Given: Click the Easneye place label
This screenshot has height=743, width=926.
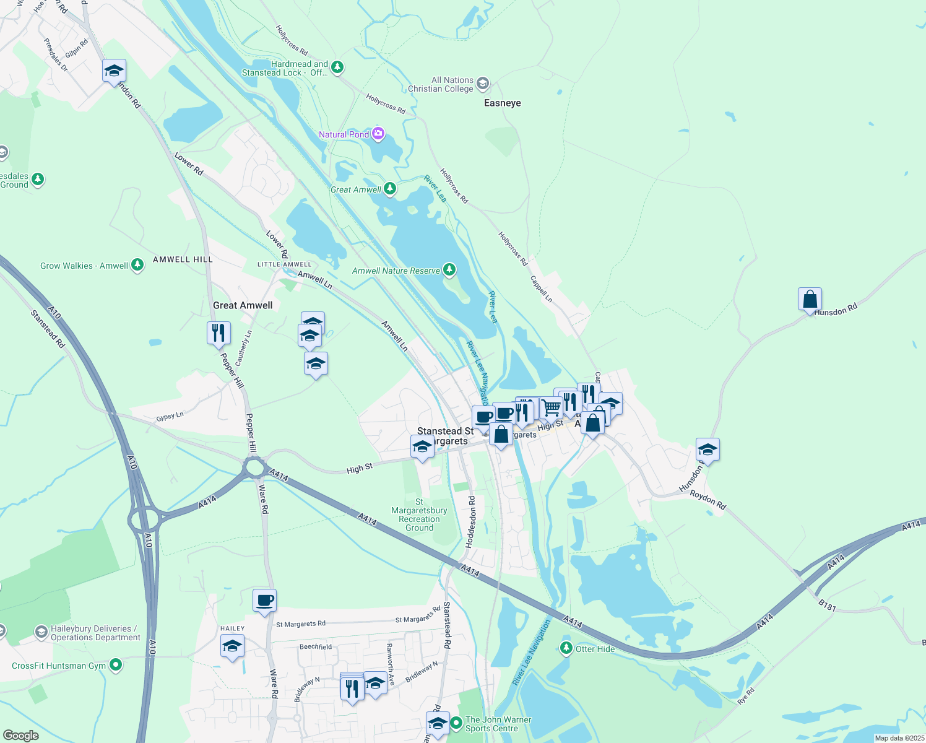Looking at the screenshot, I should (502, 103).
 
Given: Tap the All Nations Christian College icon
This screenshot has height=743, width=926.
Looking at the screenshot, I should (483, 84).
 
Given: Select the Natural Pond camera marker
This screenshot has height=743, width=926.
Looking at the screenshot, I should (378, 134).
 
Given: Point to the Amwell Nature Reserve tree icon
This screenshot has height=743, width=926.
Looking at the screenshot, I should (449, 270).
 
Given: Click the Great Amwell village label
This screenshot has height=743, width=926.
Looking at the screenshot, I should (243, 305).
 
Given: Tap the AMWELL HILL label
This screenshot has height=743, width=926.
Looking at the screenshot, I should (183, 259).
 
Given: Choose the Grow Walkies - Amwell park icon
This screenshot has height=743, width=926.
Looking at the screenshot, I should (137, 266).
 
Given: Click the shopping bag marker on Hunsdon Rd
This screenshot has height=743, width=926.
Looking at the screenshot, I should (810, 300).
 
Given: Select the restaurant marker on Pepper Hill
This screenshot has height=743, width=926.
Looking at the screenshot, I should (219, 333).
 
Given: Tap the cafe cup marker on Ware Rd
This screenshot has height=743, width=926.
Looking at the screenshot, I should (264, 601).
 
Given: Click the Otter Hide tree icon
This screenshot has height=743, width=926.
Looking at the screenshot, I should (566, 648).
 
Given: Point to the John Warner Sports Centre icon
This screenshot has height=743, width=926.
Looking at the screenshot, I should (456, 723).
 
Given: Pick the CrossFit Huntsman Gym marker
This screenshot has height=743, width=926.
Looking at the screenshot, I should (116, 666).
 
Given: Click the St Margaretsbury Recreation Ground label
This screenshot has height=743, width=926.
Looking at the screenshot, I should (419, 515).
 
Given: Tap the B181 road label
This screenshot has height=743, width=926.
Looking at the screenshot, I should (827, 606).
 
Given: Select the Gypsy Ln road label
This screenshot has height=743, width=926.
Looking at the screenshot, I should (170, 417).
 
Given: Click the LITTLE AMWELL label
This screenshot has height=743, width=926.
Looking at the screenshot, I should (284, 264).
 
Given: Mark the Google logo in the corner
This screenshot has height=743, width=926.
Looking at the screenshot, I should (20, 736).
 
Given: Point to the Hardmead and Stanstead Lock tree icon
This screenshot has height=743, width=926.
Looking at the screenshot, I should (337, 67).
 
